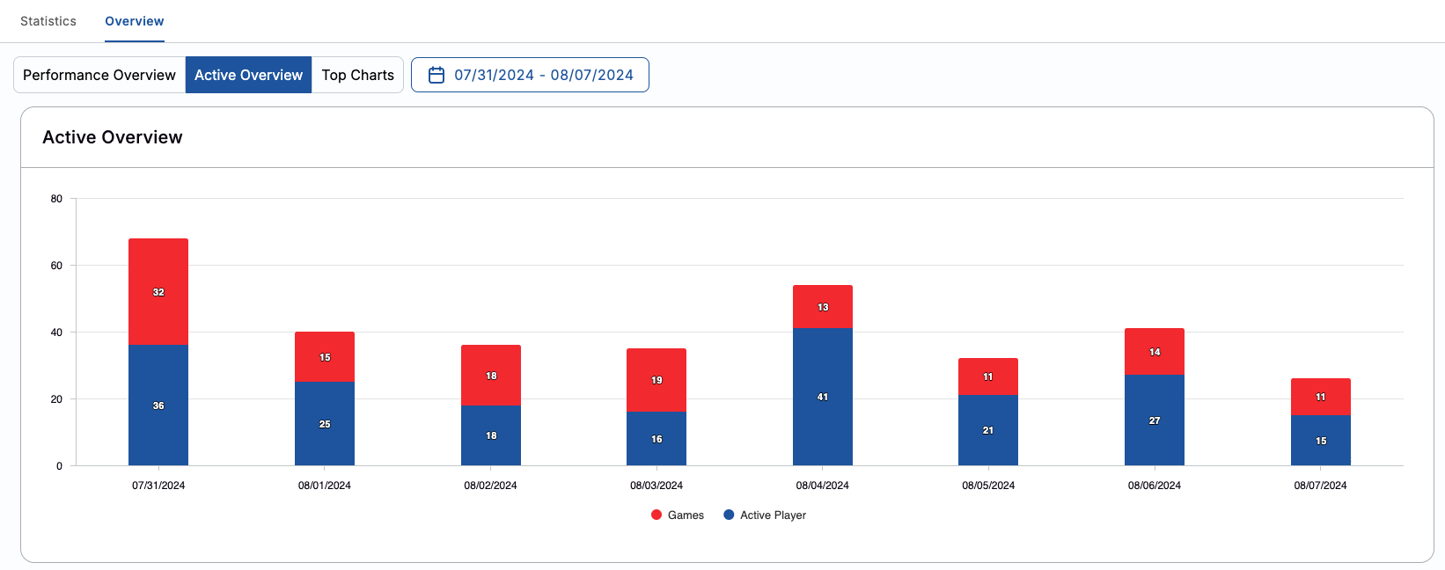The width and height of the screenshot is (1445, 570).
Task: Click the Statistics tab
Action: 48,21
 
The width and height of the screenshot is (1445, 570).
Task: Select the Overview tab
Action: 135,21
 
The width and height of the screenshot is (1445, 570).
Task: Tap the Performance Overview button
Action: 99,75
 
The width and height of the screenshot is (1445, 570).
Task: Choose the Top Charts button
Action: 357,75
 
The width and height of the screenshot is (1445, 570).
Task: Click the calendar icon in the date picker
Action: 436,75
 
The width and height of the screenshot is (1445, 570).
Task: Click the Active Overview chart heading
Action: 113,137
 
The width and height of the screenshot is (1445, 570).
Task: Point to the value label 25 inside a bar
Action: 325,424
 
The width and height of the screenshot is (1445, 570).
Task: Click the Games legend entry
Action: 678,515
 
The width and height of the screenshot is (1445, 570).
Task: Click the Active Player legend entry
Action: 765,515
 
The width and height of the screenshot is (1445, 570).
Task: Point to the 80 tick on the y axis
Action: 56,199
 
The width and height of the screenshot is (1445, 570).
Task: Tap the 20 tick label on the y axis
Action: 56,399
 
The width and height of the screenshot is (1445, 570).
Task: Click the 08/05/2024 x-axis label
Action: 988,486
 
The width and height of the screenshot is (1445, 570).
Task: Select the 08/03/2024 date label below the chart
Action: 656,486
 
